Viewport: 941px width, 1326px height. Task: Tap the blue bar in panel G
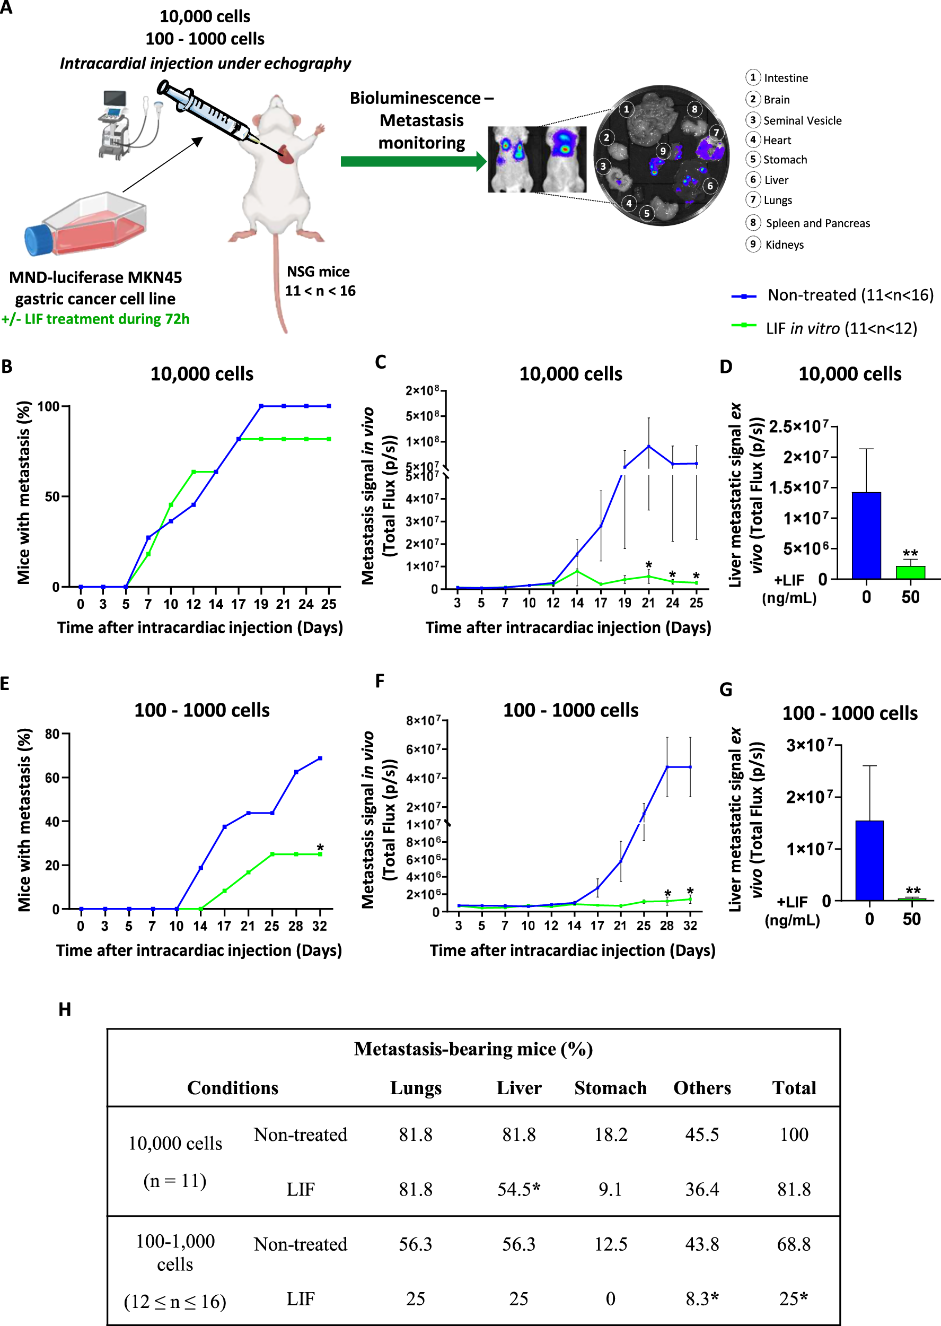(x=869, y=860)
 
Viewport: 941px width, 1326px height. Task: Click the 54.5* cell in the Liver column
(x=518, y=1189)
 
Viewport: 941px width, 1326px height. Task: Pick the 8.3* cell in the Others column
(x=702, y=1299)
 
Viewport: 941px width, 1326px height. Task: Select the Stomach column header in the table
(x=610, y=1088)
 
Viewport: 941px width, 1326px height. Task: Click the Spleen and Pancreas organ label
(x=817, y=223)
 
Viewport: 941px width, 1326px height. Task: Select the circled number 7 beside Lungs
(x=752, y=200)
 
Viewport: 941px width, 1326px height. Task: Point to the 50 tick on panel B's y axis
(x=52, y=496)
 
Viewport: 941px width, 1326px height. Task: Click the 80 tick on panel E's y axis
(x=52, y=734)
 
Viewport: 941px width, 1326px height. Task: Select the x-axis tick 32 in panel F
(x=690, y=926)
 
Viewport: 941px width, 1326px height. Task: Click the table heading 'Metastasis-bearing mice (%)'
(x=473, y=1049)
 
